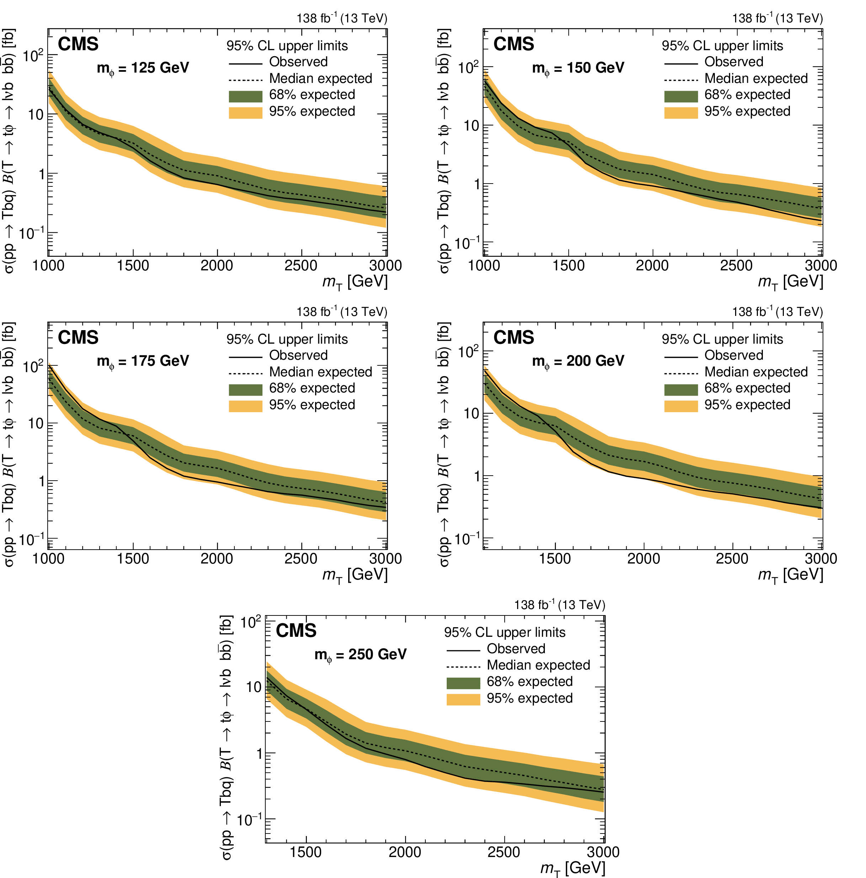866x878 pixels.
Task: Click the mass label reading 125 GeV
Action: click(143, 68)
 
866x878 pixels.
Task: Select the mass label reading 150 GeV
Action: click(578, 68)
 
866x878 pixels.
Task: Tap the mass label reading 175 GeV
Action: click(143, 361)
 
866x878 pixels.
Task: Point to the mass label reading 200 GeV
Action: click(578, 361)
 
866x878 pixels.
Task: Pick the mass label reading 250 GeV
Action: click(360, 655)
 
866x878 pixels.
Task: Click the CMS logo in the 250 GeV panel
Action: click(296, 630)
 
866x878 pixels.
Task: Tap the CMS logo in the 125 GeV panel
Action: click(78, 44)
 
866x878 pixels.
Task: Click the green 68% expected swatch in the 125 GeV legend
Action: click(245, 96)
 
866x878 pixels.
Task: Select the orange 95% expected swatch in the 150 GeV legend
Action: click(681, 112)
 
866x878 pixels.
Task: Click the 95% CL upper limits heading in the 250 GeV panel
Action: click(504, 632)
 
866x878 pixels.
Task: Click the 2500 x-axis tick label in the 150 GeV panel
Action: click(736, 265)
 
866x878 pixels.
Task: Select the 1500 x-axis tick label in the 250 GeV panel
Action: click(306, 852)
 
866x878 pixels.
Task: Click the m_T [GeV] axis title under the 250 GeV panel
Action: click(573, 868)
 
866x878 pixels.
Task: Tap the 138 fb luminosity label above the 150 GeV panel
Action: click(777, 18)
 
